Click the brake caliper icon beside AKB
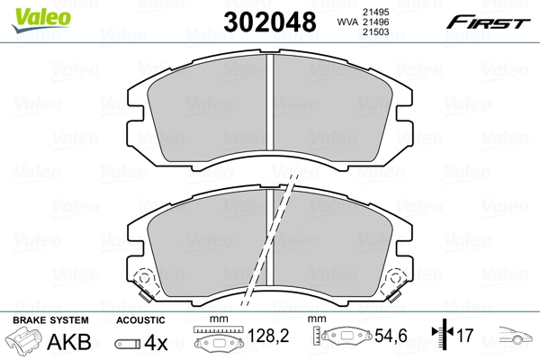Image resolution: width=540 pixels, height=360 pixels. [24, 342]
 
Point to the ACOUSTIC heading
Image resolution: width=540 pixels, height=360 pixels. [140, 319]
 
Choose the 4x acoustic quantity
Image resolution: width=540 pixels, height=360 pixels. [157, 341]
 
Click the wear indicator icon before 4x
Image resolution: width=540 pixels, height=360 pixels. [127, 343]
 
